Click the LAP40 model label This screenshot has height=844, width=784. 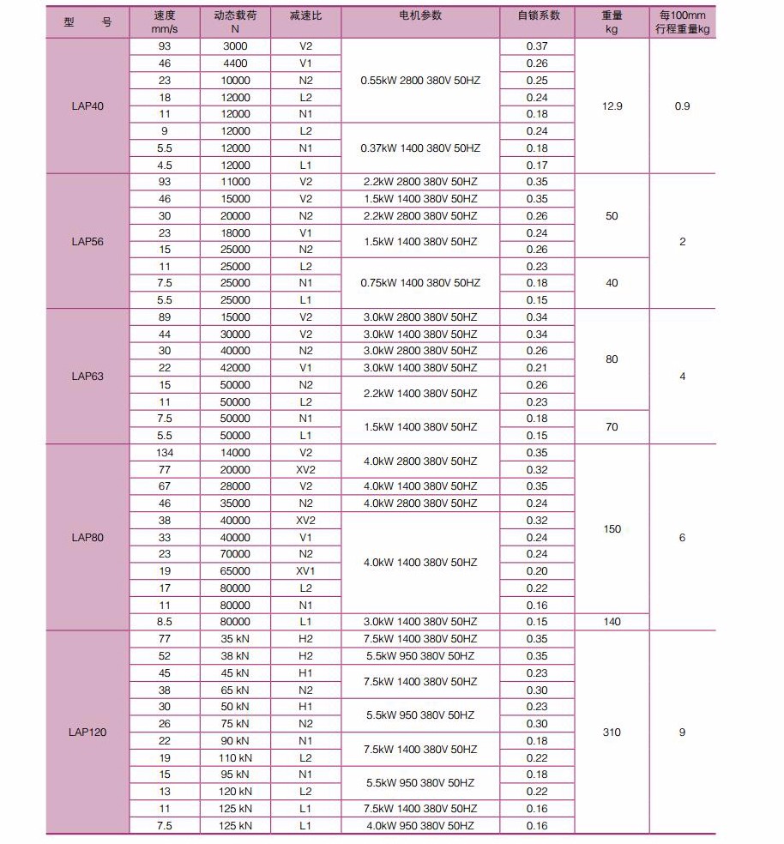[87, 106]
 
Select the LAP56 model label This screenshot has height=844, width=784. [87, 241]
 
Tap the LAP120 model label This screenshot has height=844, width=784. [87, 732]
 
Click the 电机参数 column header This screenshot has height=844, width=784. [420, 15]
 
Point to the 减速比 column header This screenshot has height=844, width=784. [305, 15]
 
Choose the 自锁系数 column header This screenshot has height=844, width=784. [538, 15]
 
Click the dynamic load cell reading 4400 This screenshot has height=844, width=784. [235, 63]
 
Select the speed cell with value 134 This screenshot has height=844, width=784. [165, 453]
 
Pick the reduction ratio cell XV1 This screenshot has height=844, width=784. [305, 571]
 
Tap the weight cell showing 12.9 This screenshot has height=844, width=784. [612, 106]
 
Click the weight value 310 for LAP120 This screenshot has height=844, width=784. [612, 732]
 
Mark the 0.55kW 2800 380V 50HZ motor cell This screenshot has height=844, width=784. [420, 81]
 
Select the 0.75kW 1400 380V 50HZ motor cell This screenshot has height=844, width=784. [420, 283]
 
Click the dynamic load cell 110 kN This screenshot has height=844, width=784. [235, 758]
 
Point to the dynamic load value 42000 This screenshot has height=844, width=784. [235, 368]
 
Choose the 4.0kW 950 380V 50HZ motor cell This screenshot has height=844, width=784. [420, 826]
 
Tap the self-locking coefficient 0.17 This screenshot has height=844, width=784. [537, 166]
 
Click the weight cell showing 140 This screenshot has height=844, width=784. [612, 622]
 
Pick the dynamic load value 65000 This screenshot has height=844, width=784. [235, 571]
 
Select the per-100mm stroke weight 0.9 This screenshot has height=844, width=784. [683, 106]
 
